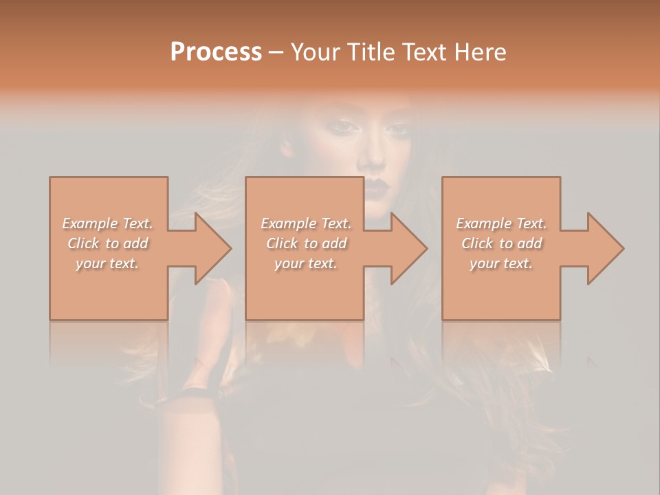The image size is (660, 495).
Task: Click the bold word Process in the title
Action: click(216, 52)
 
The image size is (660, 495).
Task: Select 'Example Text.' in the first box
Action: click(108, 223)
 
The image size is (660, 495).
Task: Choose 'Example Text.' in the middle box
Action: click(306, 223)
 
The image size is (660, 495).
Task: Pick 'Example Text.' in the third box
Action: click(501, 223)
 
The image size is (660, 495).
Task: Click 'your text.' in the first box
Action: click(107, 263)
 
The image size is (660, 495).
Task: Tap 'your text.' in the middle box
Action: click(305, 263)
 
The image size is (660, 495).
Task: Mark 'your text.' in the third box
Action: click(500, 263)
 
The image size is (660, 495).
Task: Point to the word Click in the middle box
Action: click(282, 243)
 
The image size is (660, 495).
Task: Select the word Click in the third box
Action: click(477, 243)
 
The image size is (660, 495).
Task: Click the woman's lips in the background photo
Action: click(377, 187)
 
